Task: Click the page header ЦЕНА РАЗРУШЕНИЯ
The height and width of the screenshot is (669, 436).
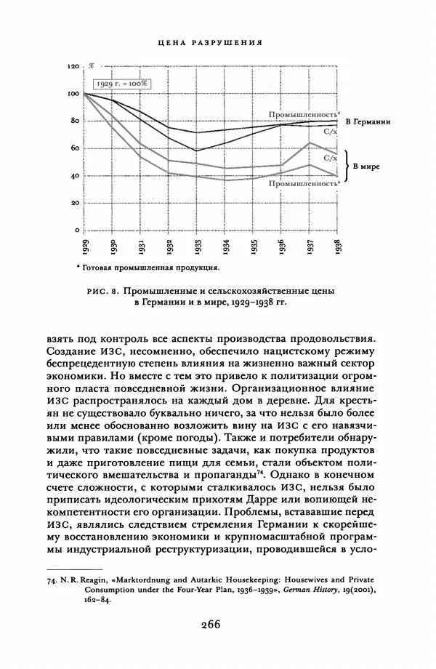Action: pos(210,44)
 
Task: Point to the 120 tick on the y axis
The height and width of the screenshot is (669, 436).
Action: pos(73,66)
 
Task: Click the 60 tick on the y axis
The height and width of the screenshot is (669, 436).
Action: pos(73,148)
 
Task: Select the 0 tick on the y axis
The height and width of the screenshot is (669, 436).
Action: pos(75,231)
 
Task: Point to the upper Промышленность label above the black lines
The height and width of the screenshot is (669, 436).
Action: pos(304,115)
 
